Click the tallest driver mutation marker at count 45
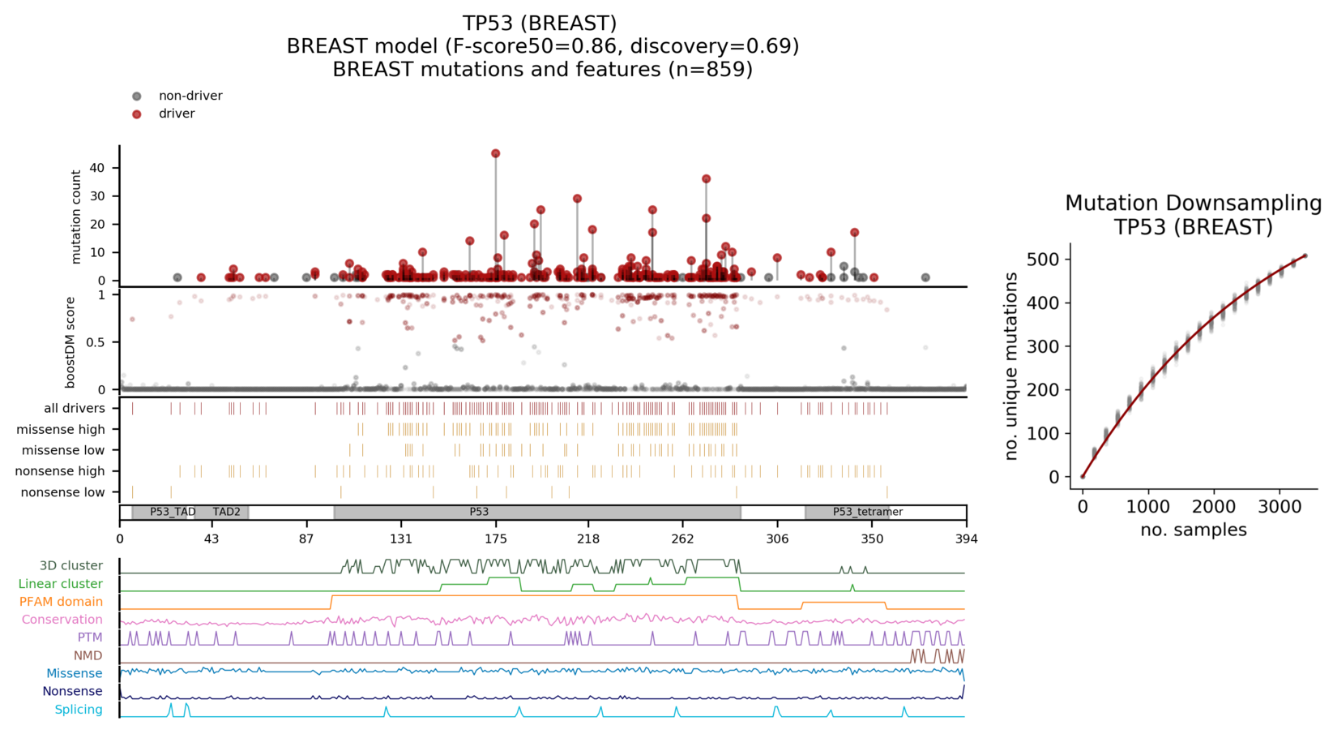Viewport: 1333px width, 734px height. pos(495,153)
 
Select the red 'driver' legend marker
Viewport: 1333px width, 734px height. pos(137,114)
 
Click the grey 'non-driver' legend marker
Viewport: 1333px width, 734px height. pos(137,97)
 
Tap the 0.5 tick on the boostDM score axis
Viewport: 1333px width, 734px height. pos(96,342)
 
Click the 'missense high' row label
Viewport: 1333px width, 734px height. pos(61,429)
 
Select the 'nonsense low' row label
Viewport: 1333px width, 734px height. pos(62,492)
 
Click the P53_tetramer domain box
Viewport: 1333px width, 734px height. pos(847,512)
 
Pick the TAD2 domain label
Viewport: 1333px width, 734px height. pos(227,512)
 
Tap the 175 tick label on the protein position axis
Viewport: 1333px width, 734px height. pos(496,539)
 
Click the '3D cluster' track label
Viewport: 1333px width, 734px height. pos(71,566)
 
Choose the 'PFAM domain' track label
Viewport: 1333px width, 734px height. pos(61,602)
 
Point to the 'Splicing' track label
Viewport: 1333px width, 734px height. pos(79,710)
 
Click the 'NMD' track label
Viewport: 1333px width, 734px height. pos(88,655)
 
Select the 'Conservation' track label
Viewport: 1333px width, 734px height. pos(62,620)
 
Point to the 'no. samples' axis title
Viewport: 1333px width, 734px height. pos(1193,530)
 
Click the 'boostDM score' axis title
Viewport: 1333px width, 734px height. pos(70,342)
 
